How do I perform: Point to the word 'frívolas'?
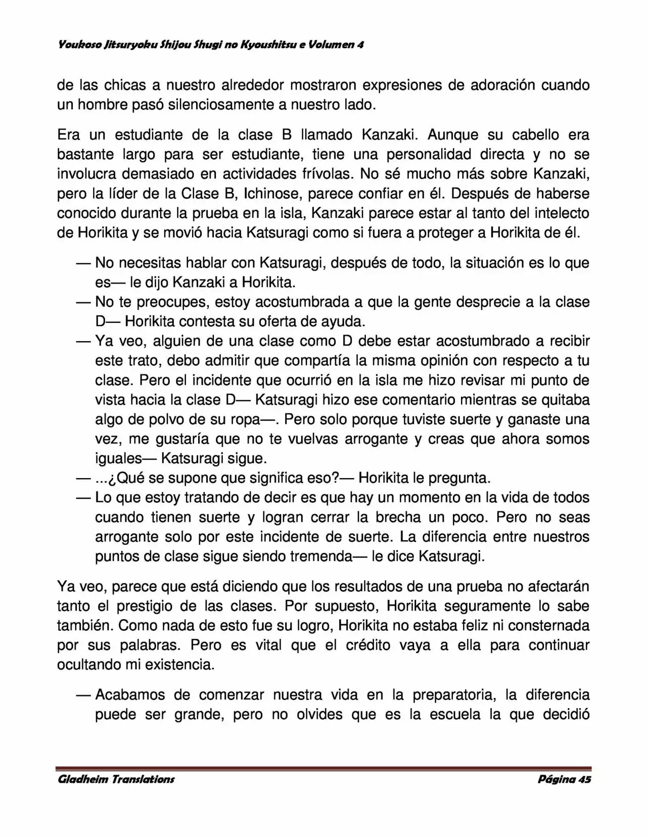pyautogui.click(x=321, y=174)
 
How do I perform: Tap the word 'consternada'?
pyautogui.click(x=549, y=626)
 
